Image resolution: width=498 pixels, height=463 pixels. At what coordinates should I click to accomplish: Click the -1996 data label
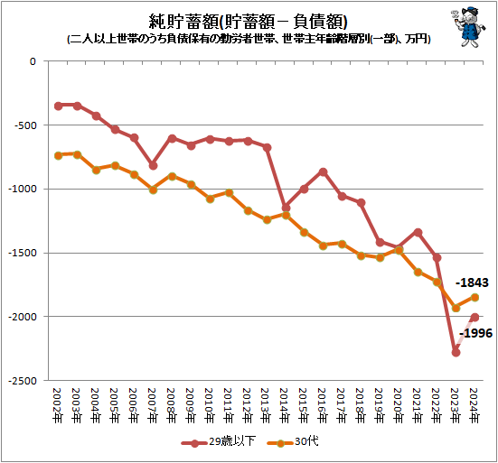pyautogui.click(x=475, y=335)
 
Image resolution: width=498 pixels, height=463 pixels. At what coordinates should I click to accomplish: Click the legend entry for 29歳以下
pyautogui.click(x=213, y=442)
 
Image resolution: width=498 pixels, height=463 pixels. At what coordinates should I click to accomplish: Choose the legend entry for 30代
pyautogui.click(x=293, y=442)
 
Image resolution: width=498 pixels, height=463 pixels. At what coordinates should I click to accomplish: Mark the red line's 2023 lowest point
pyautogui.click(x=456, y=352)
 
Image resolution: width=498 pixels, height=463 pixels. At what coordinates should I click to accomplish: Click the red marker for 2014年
pyautogui.click(x=286, y=208)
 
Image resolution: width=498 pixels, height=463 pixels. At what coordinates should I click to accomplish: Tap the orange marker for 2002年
pyautogui.click(x=58, y=155)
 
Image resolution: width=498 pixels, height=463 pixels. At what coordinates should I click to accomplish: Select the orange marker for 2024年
pyautogui.click(x=475, y=297)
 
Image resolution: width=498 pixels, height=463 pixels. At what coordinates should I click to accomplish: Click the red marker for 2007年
pyautogui.click(x=153, y=165)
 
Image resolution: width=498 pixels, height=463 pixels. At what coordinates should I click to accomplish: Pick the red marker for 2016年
pyautogui.click(x=323, y=171)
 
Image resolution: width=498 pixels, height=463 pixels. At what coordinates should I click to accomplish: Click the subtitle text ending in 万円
pyautogui.click(x=249, y=40)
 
